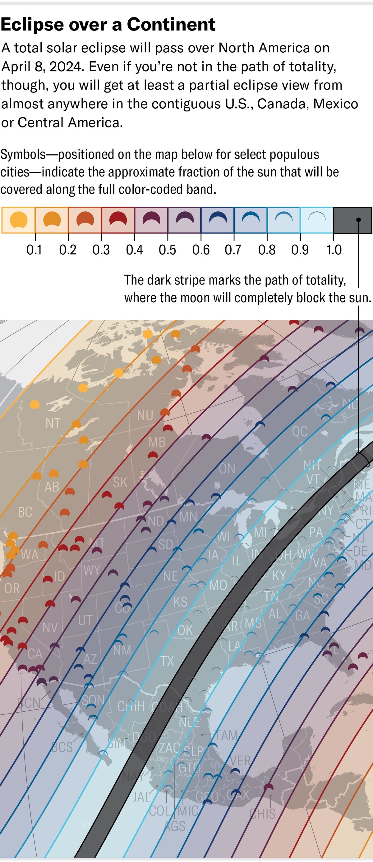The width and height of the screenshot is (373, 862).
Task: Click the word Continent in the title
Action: pyautogui.click(x=171, y=24)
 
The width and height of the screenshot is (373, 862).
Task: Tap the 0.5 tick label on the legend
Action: pyautogui.click(x=168, y=250)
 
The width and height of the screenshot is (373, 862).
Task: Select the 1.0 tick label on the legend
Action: pyautogui.click(x=334, y=250)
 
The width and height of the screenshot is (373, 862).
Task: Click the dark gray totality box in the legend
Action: pyautogui.click(x=352, y=220)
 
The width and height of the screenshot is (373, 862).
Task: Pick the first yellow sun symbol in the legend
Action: pyautogui.click(x=18, y=220)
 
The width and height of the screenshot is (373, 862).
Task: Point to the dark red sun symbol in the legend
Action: pyautogui.click(x=118, y=220)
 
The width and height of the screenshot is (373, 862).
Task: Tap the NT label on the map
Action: pyautogui.click(x=53, y=423)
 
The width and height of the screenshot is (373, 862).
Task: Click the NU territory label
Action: pyautogui.click(x=145, y=416)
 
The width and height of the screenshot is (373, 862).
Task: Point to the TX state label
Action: pyautogui.click(x=167, y=661)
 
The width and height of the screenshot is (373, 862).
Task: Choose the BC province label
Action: pyautogui.click(x=25, y=512)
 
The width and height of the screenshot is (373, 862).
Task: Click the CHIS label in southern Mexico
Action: pyautogui.click(x=263, y=813)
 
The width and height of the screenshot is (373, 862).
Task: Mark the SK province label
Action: pyautogui.click(x=120, y=482)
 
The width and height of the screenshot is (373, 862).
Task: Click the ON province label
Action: pyautogui.click(x=227, y=469)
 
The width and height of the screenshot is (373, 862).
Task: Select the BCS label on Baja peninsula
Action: pyautogui.click(x=62, y=747)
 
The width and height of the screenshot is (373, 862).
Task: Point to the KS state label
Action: pyautogui.click(x=180, y=602)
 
